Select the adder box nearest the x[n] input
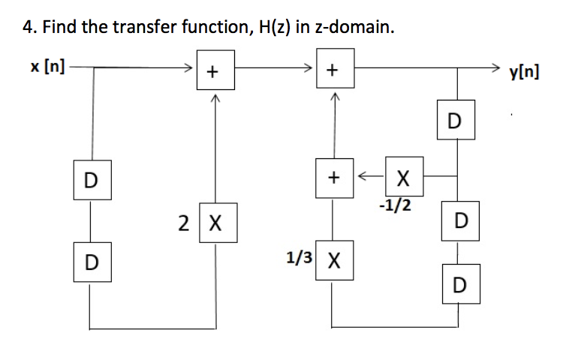point(214,72)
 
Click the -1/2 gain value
point(395,205)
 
